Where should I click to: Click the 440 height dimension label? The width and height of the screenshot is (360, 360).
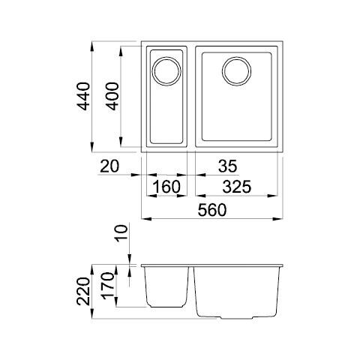(x=83, y=96)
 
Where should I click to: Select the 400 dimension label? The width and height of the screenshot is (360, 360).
(x=112, y=96)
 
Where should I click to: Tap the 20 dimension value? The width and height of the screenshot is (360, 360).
(x=109, y=166)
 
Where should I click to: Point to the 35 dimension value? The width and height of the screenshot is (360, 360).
(x=227, y=166)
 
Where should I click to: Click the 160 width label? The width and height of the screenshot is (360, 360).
(x=166, y=187)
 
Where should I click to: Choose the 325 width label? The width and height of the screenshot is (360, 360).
(x=237, y=187)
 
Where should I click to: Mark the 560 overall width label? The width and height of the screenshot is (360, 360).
(x=212, y=210)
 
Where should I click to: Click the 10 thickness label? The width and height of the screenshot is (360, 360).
(x=121, y=233)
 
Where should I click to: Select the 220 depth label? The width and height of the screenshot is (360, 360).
(x=83, y=292)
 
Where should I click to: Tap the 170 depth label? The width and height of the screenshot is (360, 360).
(x=108, y=286)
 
